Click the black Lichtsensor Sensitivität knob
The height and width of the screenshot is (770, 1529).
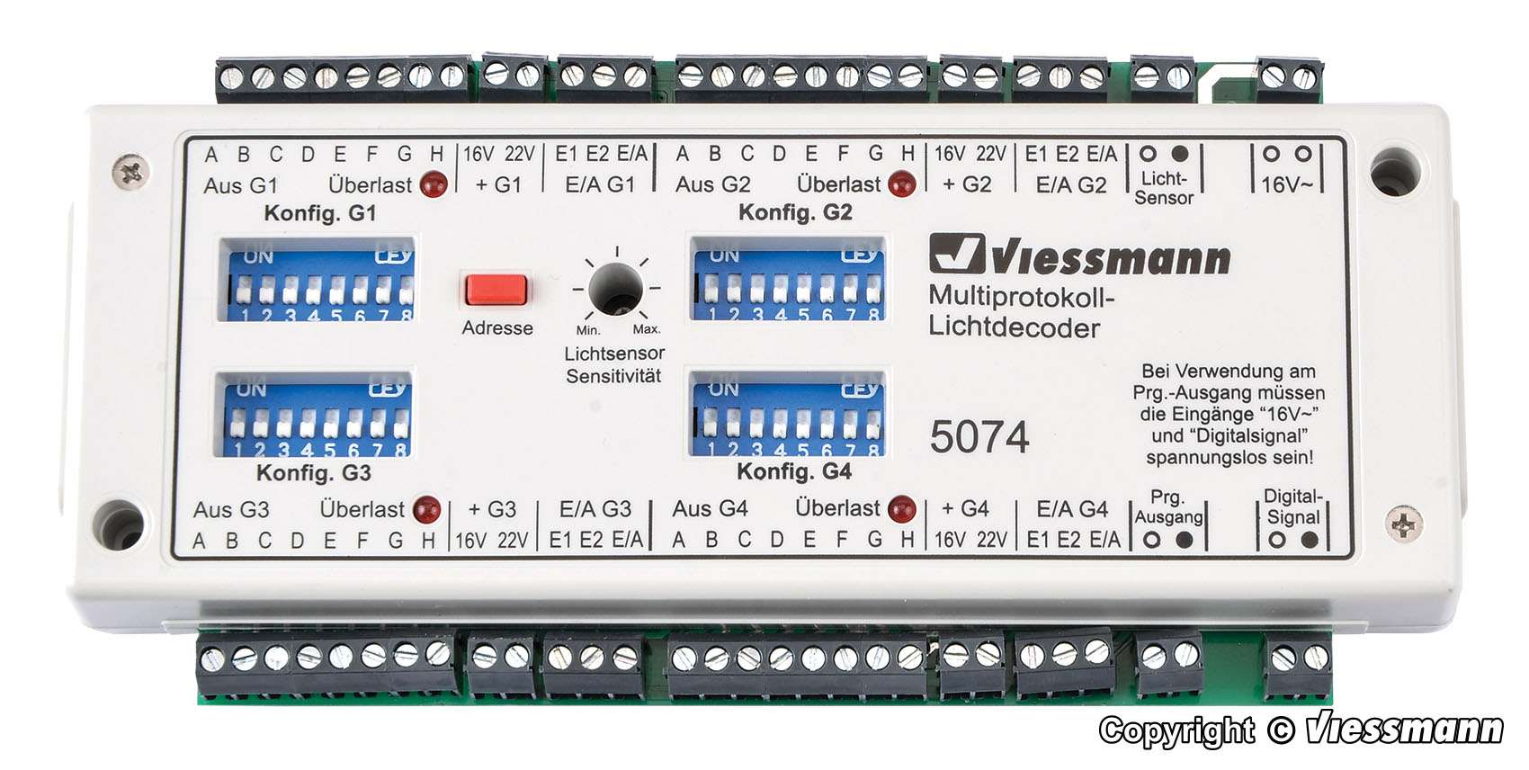click(615, 289)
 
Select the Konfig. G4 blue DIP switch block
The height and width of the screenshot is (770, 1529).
click(789, 414)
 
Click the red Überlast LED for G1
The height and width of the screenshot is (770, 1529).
click(434, 184)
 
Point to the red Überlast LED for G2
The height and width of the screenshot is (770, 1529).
click(901, 184)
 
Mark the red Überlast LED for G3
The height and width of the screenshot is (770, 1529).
click(426, 509)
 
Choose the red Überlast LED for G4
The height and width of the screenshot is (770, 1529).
click(901, 509)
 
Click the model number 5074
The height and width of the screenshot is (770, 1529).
click(979, 437)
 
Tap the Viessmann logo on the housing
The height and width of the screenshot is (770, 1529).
click(1079, 255)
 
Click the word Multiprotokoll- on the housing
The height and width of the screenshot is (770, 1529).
click(1021, 296)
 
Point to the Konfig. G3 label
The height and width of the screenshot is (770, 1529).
click(313, 473)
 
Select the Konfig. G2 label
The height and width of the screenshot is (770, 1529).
click(795, 212)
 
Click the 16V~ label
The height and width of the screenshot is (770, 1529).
click(1286, 185)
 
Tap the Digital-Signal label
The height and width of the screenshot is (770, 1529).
click(1292, 507)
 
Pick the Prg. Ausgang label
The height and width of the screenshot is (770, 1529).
click(1167, 507)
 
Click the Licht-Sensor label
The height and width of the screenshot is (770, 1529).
click(1164, 188)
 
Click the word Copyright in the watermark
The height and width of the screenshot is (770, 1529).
click(1176, 730)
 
